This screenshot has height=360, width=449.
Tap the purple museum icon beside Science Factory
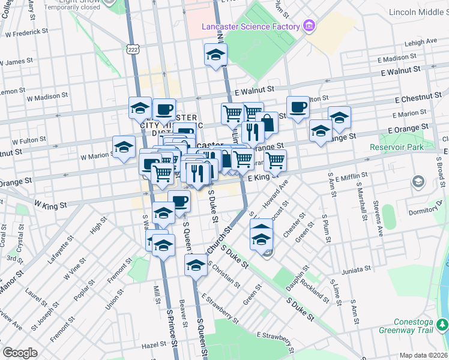[309, 26]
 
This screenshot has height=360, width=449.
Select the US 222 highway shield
[133, 49]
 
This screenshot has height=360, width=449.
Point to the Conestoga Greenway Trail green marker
[442, 325]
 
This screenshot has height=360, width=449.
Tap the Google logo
[20, 353]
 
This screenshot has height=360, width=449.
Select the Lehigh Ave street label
[421, 43]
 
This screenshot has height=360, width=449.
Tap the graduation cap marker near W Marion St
[124, 146]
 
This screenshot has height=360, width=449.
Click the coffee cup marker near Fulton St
[298, 107]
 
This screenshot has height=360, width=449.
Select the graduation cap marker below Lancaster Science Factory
[215, 55]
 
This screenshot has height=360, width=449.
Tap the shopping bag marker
[267, 124]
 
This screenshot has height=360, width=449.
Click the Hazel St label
[154, 346]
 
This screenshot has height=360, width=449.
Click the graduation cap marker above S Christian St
[196, 265]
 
